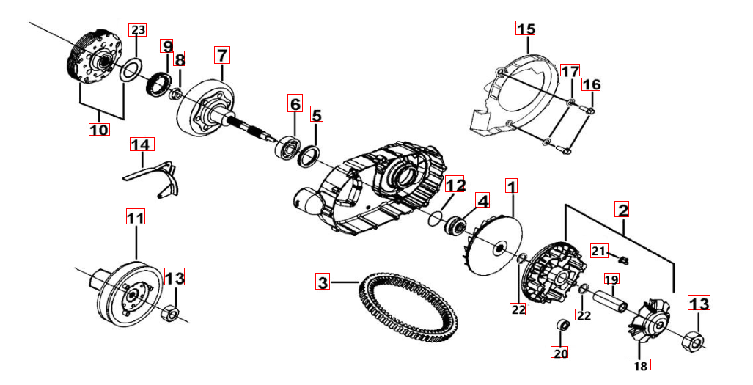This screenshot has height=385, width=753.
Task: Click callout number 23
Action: coord(138,30)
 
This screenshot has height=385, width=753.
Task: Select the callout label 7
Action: coord(222,55)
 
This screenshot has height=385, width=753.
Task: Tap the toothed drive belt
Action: coord(408,307)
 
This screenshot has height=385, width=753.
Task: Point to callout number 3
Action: coord(323,282)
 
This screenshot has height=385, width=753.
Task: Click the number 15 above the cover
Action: coord(526,29)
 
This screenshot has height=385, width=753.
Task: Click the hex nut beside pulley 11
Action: coord(170,314)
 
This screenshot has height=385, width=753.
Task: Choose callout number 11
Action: coord(135,218)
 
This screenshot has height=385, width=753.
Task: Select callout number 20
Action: coord(561,353)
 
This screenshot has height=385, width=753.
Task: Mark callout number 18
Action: coord(641,366)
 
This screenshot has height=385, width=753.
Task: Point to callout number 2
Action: coord(622,210)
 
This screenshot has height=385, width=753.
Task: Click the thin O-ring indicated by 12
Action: coord(434,219)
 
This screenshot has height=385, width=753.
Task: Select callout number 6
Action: coord(295,103)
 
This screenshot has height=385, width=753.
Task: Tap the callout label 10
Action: coord(100,129)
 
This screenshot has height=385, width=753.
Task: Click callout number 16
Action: coord(591,84)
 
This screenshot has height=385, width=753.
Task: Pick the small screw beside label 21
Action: coord(624,260)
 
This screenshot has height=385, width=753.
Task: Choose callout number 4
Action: coord(483,201)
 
